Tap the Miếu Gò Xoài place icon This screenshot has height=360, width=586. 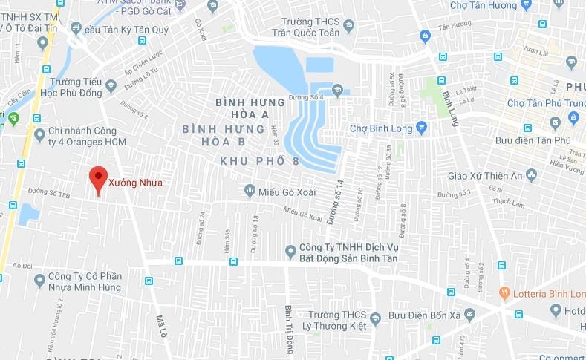pos(250,192)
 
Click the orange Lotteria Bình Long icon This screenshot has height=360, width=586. pos(504,292)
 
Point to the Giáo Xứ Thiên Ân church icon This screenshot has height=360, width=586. pos(530,175)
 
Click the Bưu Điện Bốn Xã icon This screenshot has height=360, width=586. pos(375,318)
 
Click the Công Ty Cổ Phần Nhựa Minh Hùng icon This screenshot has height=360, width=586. pos(40,280)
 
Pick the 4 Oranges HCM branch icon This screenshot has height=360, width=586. pos(40,134)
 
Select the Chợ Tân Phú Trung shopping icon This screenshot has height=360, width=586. pos(573,117)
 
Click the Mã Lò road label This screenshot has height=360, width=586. pos(160,327)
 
